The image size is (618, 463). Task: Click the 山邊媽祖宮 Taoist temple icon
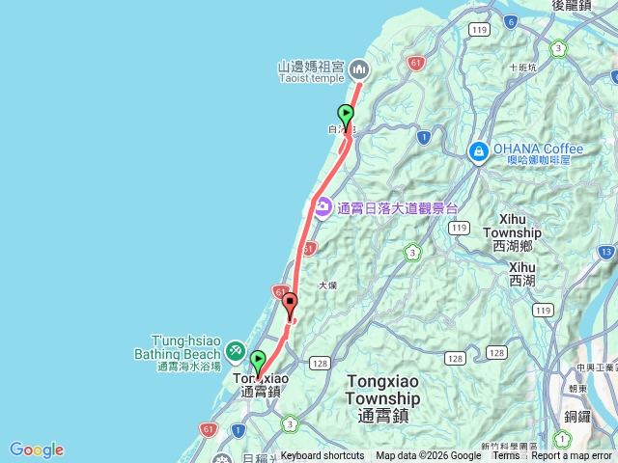pyautogui.click(x=359, y=68)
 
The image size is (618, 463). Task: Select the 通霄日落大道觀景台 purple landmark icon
pyautogui.click(x=322, y=206)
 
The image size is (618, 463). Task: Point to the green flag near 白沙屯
pyautogui.click(x=346, y=116)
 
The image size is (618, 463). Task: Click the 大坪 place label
pyautogui.click(x=328, y=286)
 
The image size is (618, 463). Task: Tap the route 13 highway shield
pyautogui.click(x=606, y=252)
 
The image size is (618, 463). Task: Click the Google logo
pyautogui.click(x=37, y=449)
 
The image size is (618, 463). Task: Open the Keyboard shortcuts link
pyautogui.click(x=323, y=456)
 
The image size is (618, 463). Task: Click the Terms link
pyautogui.click(x=505, y=456)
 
